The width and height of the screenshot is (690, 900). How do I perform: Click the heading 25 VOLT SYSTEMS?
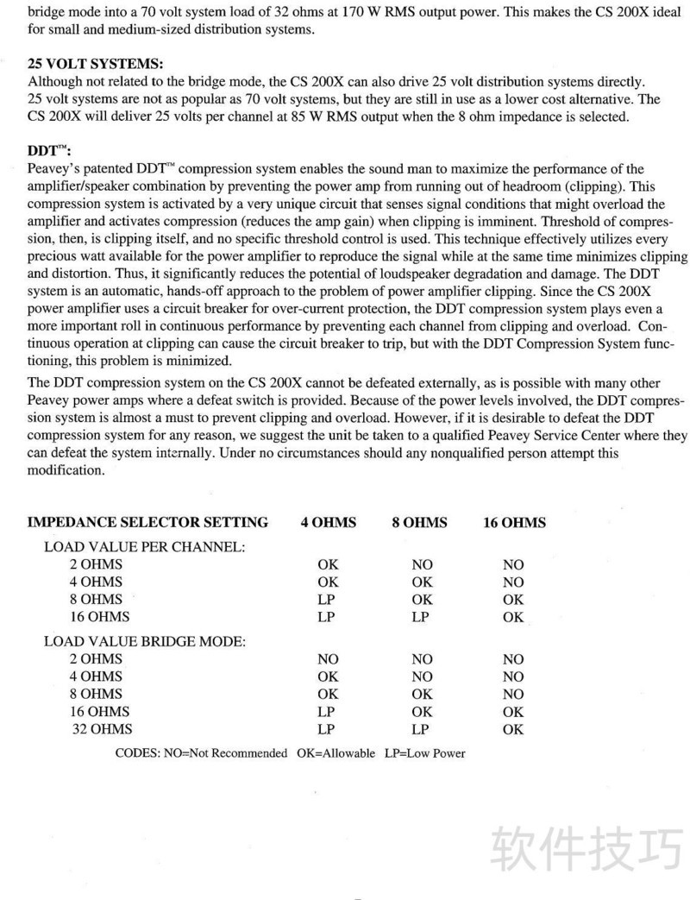[x=95, y=65]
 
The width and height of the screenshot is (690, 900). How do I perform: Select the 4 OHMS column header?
[x=328, y=522]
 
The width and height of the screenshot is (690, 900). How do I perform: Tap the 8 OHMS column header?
[x=420, y=522]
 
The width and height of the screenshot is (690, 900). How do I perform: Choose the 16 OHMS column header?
[x=514, y=522]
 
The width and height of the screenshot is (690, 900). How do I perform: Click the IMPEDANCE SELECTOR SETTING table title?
[x=147, y=522]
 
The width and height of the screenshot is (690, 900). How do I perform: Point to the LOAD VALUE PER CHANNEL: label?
[x=146, y=547]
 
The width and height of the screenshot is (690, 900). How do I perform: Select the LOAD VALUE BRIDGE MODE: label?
[x=146, y=641]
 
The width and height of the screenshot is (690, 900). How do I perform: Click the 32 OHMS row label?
[x=103, y=729]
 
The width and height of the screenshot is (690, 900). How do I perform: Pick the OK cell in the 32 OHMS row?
[x=513, y=729]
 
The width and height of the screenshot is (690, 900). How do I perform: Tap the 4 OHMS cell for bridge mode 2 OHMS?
[x=328, y=659]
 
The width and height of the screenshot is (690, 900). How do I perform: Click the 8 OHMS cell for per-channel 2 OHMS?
[x=422, y=564]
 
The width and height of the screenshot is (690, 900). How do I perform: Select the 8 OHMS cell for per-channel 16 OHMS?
[x=421, y=617]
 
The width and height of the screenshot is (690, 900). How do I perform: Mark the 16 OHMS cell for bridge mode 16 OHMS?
[x=513, y=712]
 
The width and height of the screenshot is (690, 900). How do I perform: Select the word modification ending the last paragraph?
[x=66, y=470]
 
